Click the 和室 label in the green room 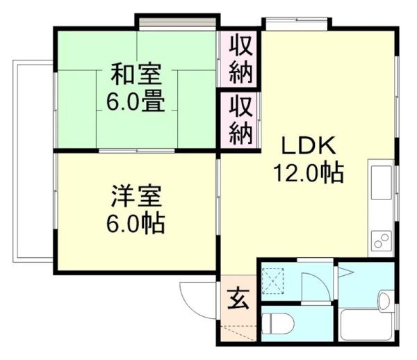point(135,73)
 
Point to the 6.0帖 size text point(135,224)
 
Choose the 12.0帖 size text point(309,172)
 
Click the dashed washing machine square point(273,282)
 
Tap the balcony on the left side point(33,159)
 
